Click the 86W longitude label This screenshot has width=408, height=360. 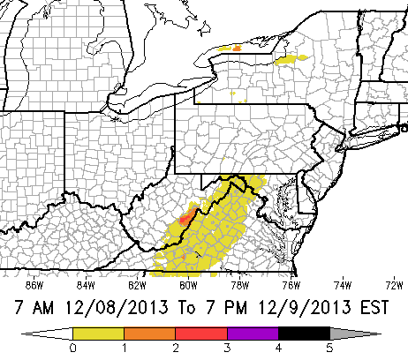pyautogui.click(x=34, y=285)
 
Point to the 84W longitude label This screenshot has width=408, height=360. pyautogui.click(x=86, y=285)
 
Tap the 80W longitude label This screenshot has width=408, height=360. pyautogui.click(x=188, y=285)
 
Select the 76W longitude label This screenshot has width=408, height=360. pyautogui.click(x=291, y=285)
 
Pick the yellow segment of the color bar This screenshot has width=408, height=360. pyautogui.click(x=99, y=334)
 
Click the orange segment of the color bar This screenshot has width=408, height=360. pyautogui.click(x=150, y=334)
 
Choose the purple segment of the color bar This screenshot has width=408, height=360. pyautogui.click(x=253, y=334)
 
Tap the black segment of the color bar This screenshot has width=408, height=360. pyautogui.click(x=304, y=334)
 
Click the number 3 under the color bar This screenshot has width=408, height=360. pyautogui.click(x=227, y=349)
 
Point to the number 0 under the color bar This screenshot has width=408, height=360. pyautogui.click(x=73, y=349)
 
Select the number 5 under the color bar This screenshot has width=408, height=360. pyautogui.click(x=329, y=349)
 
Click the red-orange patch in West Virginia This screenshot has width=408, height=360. pyautogui.click(x=185, y=215)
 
